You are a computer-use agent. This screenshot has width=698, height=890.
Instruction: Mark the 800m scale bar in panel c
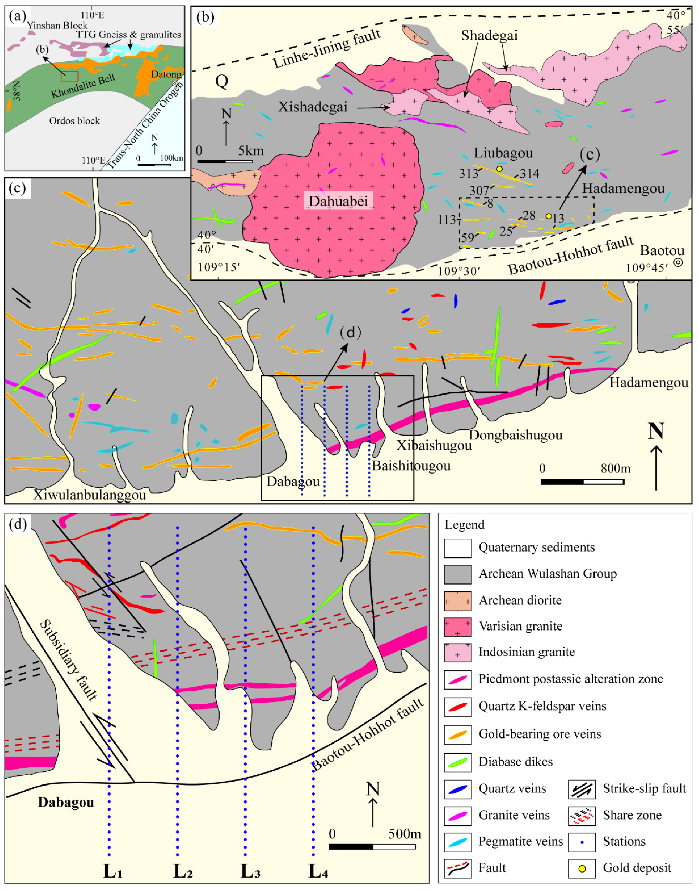(x=582, y=482)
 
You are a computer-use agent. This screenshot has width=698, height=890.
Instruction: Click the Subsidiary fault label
(x=69, y=660)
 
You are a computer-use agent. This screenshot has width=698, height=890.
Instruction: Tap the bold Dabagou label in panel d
(x=66, y=802)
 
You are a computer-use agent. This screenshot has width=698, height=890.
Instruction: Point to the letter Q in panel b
(x=222, y=81)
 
